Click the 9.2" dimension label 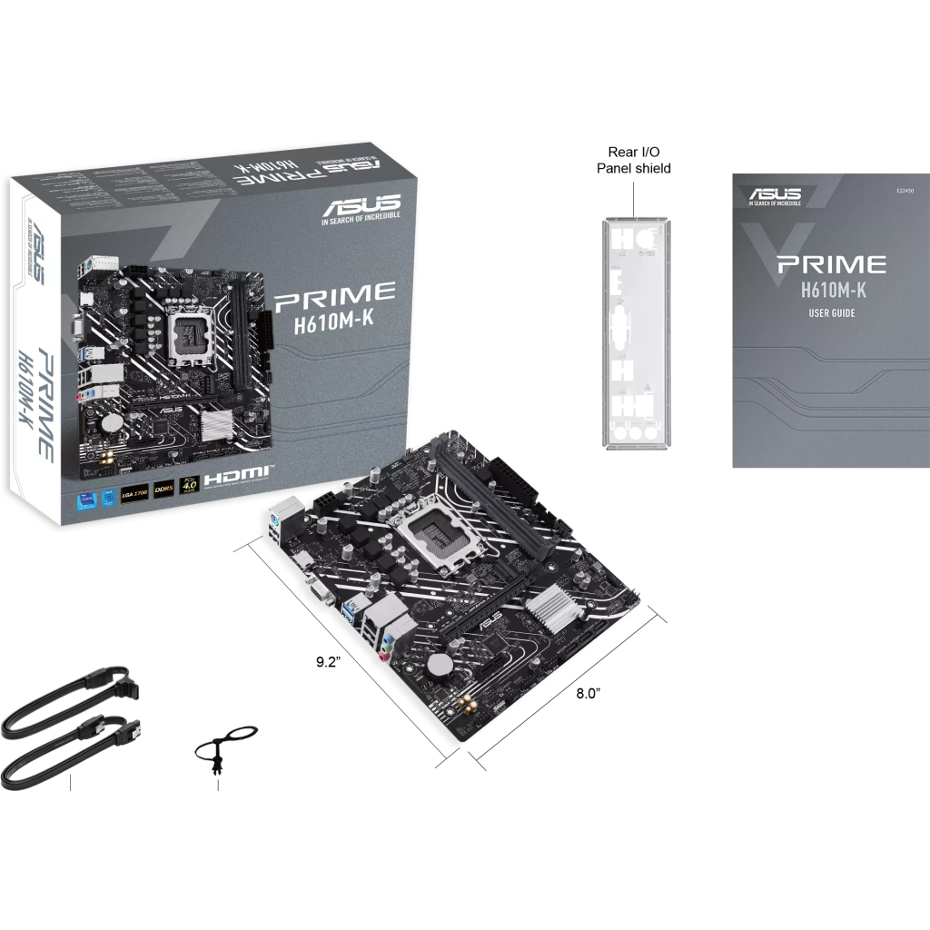point(326,661)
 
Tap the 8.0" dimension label point(589,693)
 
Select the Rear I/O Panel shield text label point(633,161)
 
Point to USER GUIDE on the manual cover point(831,313)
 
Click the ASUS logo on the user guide point(774,193)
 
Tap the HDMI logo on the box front point(235,474)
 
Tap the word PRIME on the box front point(335,294)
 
